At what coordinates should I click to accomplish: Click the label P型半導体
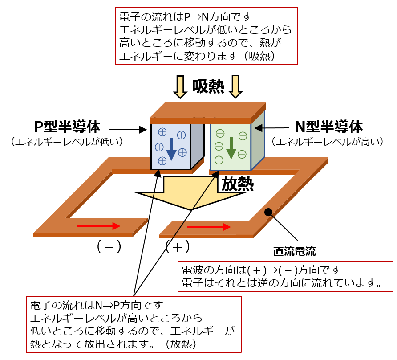pyautogui.click(x=67, y=127)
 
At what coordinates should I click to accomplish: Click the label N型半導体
pyautogui.click(x=329, y=127)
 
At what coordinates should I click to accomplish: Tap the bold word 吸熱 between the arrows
pyautogui.click(x=208, y=86)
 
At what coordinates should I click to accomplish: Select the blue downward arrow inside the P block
pyautogui.click(x=171, y=149)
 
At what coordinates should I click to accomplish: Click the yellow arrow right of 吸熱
pyautogui.click(x=235, y=86)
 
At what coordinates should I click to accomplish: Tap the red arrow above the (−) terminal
pyautogui.click(x=98, y=226)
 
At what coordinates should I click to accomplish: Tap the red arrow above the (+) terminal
pyautogui.click(x=209, y=227)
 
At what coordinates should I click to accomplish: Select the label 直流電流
pyautogui.click(x=294, y=252)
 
